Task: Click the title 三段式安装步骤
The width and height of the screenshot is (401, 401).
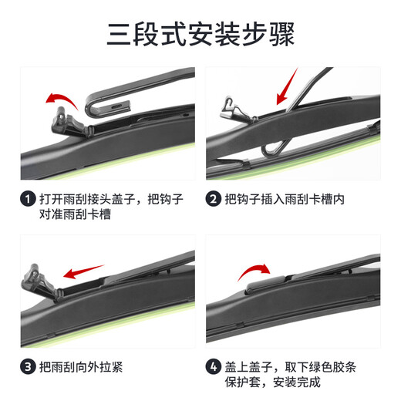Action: click(200, 34)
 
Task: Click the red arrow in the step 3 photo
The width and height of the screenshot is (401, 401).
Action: click(83, 271)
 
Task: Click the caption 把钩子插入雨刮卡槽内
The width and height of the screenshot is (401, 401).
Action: click(285, 200)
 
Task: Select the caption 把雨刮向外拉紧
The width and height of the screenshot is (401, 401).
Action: click(80, 366)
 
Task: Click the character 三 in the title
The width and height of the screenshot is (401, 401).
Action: click(121, 34)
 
